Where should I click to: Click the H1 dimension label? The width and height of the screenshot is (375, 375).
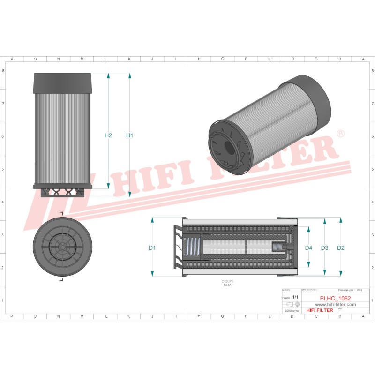tap(130, 135)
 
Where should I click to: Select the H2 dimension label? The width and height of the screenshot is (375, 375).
tap(108, 135)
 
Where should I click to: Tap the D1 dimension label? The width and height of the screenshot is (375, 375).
tap(152, 247)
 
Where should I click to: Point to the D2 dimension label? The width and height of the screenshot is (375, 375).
tap(341, 247)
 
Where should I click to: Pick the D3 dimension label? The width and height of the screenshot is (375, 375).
tap(325, 247)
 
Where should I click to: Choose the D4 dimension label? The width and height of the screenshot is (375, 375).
tap(308, 247)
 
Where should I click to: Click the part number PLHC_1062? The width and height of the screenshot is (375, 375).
tap(335, 298)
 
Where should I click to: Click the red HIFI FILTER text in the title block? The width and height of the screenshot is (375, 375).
tap(319, 310)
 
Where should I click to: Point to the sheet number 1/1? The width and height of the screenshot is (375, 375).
tap(295, 297)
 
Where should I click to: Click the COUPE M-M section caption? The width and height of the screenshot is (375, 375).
tap(228, 283)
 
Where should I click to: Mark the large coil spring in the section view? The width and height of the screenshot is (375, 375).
tap(192, 247)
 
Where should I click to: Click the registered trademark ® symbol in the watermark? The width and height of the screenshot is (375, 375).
tap(341, 134)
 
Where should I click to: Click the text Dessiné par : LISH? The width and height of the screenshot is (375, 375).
tap(352, 291)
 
